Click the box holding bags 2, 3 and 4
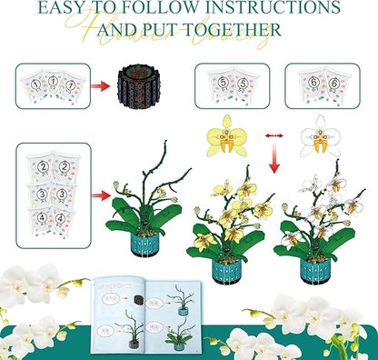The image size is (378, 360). point(53,193)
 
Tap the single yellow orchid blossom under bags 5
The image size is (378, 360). point(226,135)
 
